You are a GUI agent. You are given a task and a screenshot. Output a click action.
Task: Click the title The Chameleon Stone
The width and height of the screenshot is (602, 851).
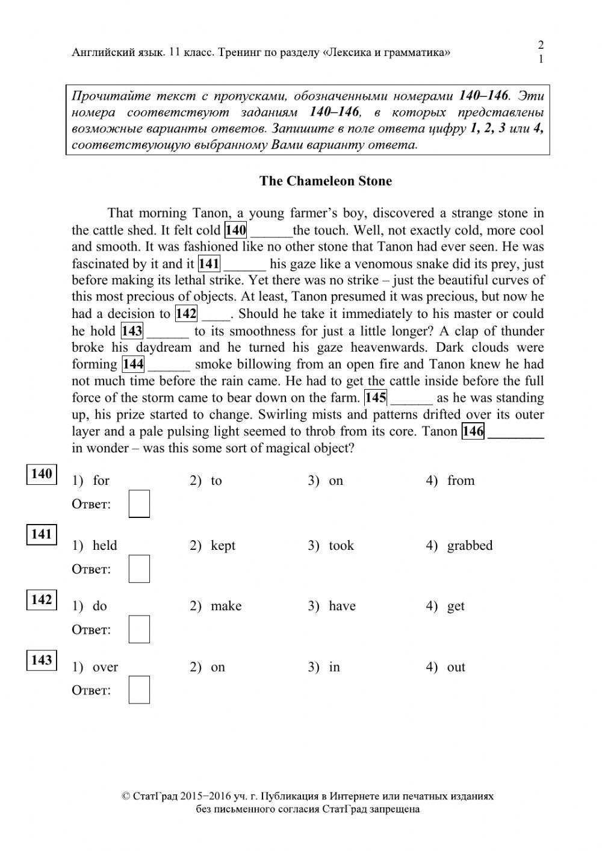[x=325, y=181]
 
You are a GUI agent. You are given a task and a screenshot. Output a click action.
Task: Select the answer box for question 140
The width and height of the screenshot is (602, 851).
[x=139, y=504]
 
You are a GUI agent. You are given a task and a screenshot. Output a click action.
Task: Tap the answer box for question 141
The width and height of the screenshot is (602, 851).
[x=139, y=569]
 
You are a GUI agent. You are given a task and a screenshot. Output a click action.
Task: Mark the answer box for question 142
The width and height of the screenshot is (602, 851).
[x=139, y=629]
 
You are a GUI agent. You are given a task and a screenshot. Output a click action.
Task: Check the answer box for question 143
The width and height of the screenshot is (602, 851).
[x=139, y=690]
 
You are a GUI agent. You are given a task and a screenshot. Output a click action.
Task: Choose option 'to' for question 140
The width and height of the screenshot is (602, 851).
[x=216, y=481]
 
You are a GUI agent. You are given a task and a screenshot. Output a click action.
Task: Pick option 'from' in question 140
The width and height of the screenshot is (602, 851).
[x=461, y=481]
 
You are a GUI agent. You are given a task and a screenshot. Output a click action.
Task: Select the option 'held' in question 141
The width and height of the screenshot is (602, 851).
[x=105, y=546]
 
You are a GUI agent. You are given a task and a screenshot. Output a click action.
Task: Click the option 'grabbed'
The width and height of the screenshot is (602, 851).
[x=470, y=546]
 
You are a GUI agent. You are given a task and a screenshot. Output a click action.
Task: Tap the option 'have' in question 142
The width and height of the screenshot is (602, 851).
[x=342, y=606]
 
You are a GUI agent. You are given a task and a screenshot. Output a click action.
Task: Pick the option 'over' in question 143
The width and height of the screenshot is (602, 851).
[x=105, y=667]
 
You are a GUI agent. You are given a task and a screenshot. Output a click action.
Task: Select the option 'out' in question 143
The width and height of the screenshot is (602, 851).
[x=456, y=667]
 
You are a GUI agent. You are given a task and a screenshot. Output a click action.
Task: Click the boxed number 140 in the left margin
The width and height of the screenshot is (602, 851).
[x=42, y=474]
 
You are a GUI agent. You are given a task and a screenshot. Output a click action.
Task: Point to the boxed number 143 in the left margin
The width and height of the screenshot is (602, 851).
[x=42, y=660]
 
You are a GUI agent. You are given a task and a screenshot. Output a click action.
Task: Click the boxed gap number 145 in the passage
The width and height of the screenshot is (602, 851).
[x=376, y=398]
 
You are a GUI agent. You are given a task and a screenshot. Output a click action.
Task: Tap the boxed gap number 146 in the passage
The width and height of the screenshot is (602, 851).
[x=473, y=431]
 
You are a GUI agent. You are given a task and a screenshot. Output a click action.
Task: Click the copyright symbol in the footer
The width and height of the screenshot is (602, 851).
[x=126, y=796]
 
